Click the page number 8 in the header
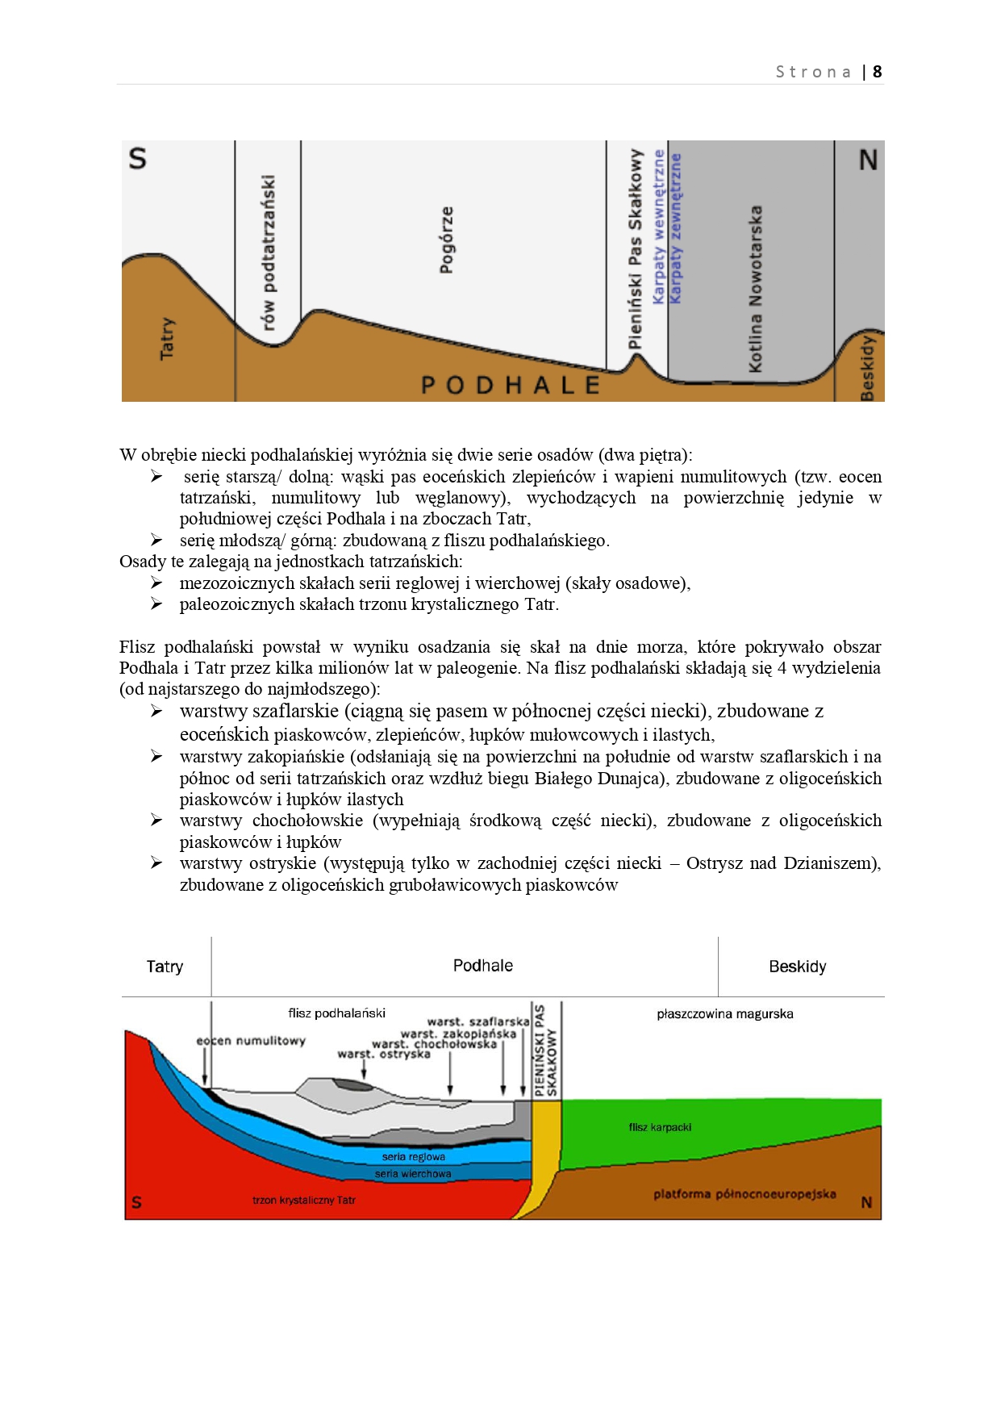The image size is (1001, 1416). [877, 72]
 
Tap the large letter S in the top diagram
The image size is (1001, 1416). [138, 158]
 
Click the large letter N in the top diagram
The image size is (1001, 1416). [868, 161]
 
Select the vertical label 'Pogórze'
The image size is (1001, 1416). [446, 240]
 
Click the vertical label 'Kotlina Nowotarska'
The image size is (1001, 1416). [755, 289]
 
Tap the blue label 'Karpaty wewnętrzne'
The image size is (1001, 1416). [659, 227]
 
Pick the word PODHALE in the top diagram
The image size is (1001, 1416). [511, 386]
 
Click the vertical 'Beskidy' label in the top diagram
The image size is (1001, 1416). [868, 367]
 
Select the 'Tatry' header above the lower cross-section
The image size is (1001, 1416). [165, 967]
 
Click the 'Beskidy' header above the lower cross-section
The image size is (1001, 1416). [797, 967]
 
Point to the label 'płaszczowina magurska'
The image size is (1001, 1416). [724, 1014]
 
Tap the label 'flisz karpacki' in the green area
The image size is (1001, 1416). [660, 1127]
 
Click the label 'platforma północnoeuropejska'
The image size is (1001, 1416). [744, 1194]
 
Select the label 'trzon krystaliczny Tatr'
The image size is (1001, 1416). [303, 1201]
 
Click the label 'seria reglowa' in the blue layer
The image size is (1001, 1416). [413, 1157]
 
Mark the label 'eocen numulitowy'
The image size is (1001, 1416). [251, 1041]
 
